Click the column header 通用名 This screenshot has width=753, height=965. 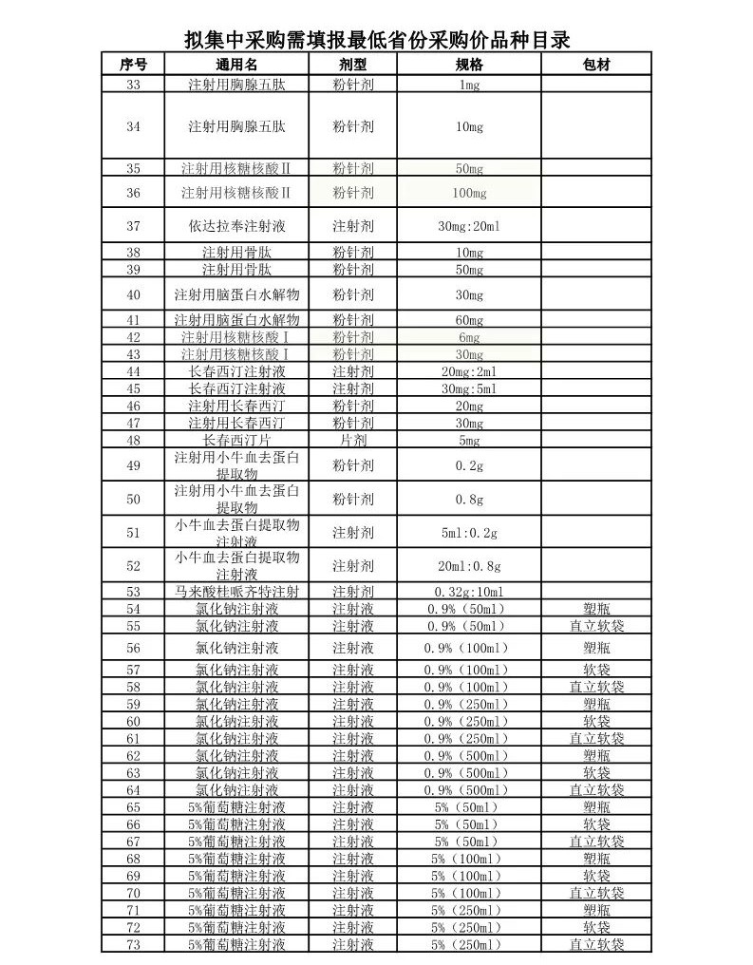point(236,65)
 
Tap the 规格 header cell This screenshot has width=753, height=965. point(469,65)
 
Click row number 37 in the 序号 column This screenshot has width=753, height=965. point(133,227)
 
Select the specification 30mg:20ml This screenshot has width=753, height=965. point(469,227)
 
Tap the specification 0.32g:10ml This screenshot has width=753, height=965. point(469,592)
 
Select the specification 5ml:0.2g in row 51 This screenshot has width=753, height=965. point(469,533)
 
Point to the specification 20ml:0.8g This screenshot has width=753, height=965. point(469,566)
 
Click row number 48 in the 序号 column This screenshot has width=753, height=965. point(133,441)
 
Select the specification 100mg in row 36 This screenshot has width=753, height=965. point(469,193)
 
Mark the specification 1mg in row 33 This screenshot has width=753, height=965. point(469,85)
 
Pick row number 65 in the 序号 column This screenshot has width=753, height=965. point(133,807)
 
